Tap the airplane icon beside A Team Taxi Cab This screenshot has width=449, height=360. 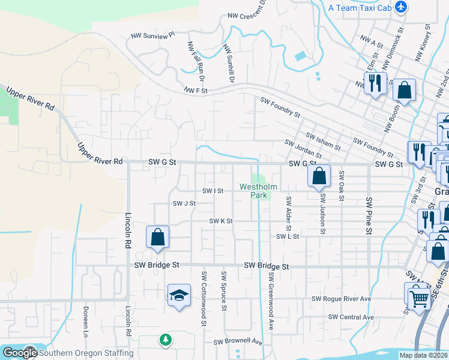point(402,8)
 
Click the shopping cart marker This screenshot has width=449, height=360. point(420,296)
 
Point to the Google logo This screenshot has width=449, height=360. point(20,353)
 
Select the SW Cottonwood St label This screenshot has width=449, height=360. point(204,298)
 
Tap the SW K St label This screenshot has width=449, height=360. point(220,221)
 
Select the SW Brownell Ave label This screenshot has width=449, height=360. point(238,342)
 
